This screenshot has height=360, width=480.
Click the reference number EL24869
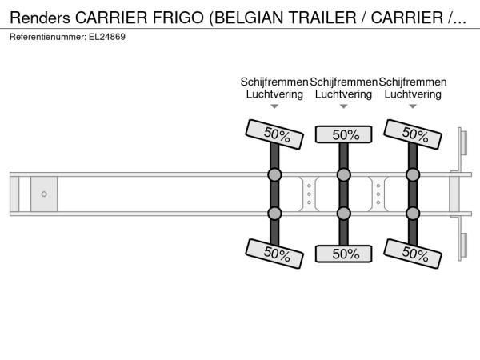click(107, 37)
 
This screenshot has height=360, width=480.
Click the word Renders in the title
click(40, 18)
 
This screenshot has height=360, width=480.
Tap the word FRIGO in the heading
click(178, 18)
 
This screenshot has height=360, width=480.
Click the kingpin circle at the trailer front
click(44, 194)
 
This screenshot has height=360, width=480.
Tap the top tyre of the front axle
click(274, 134)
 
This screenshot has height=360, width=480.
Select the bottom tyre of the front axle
click(274, 254)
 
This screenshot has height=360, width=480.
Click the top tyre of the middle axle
click(344, 134)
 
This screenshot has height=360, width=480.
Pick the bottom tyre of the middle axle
click(344, 254)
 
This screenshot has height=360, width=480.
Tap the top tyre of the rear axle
click(413, 134)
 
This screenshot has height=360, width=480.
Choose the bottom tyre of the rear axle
click(413, 254)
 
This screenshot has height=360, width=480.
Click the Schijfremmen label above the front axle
click(274, 82)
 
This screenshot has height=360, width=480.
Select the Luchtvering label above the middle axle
click(343, 94)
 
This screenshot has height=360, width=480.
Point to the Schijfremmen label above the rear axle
click(413, 82)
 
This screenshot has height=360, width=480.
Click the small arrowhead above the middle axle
click(344, 106)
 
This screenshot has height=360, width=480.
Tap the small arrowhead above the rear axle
click(413, 106)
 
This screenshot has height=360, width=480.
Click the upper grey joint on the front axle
click(274, 174)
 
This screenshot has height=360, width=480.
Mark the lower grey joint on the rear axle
click(413, 214)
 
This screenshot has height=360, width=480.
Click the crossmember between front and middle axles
click(309, 194)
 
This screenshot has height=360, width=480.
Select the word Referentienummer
click(47, 37)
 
